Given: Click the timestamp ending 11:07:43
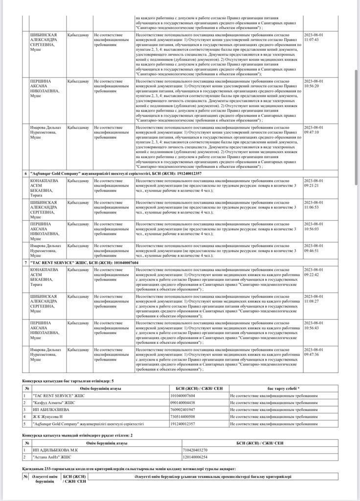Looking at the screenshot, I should [314, 37].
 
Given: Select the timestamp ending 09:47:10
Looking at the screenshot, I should [314, 130].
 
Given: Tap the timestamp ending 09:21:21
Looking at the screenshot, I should [314, 183].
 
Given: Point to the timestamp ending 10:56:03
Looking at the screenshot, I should [314, 226].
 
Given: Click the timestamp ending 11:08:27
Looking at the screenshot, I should [314, 299].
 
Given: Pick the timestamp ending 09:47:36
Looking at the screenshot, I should [314, 352].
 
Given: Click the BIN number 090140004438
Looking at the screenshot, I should [182, 402].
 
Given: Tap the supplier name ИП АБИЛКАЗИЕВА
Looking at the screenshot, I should [51, 409].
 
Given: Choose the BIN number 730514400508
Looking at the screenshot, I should [182, 416].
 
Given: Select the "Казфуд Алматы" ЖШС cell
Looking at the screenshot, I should [54, 402].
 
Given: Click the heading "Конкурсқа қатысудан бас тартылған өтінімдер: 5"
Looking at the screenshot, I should [68, 380].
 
